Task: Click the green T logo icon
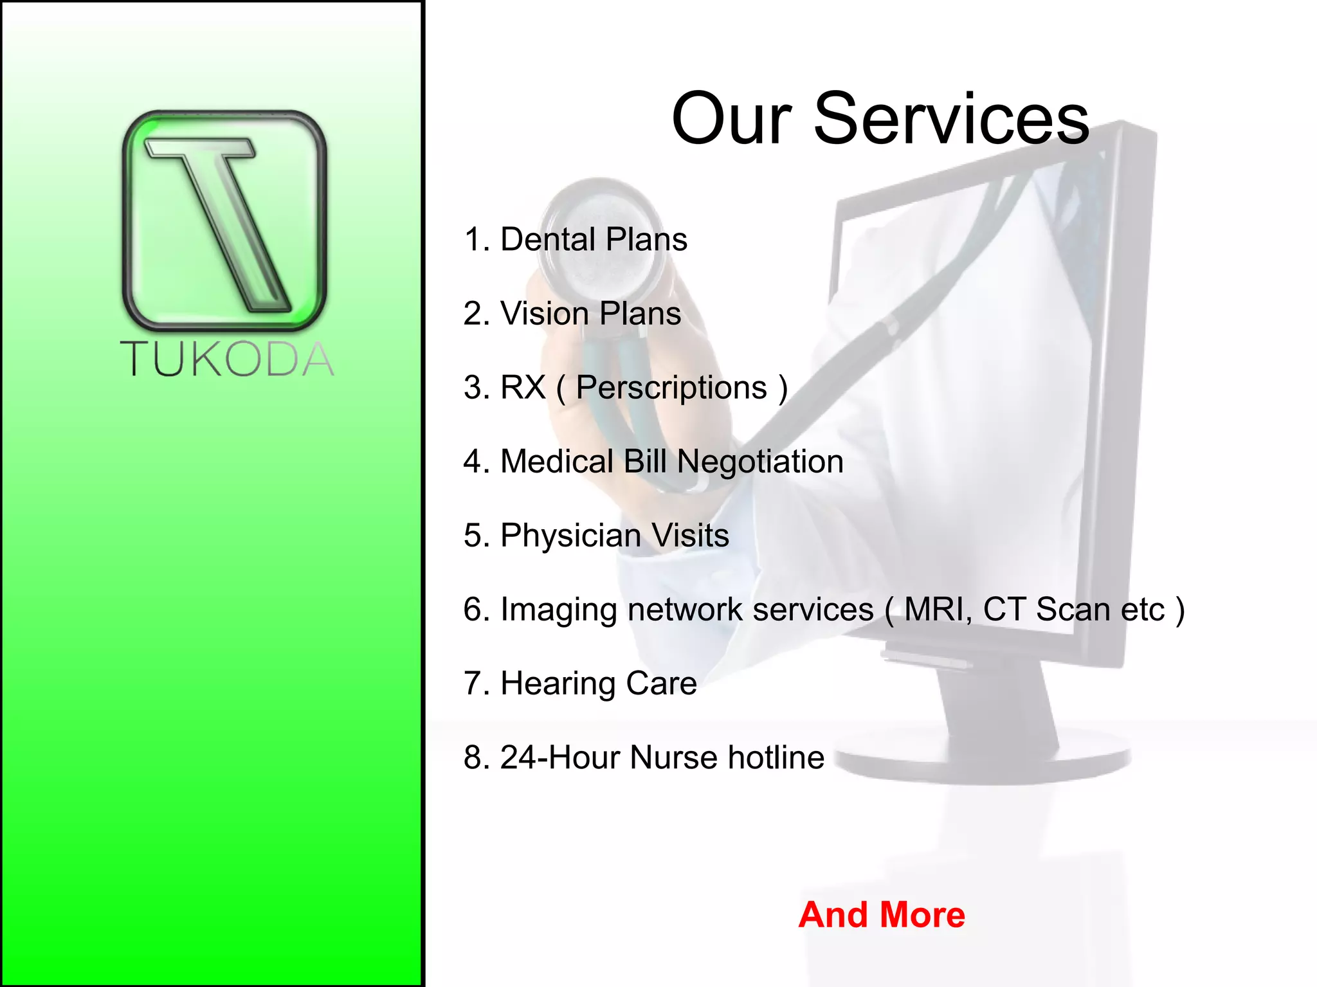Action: pyautogui.click(x=224, y=220)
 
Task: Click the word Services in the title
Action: pyautogui.click(x=951, y=119)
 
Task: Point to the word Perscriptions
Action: pyautogui.click(x=671, y=388)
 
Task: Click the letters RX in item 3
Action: pyautogui.click(x=523, y=388)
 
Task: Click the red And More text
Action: pyautogui.click(x=882, y=915)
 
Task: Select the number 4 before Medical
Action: pyautogui.click(x=472, y=462)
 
